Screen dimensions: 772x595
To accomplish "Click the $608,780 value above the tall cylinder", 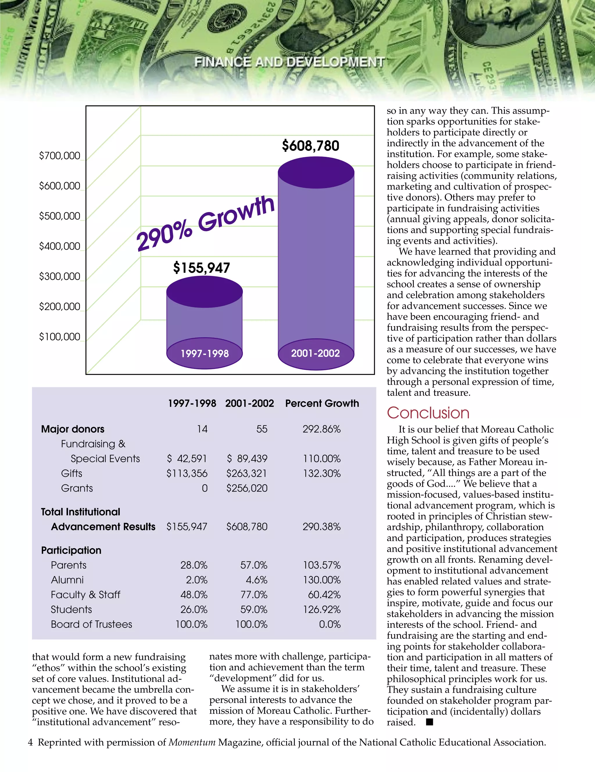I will pyautogui.click(x=310, y=146).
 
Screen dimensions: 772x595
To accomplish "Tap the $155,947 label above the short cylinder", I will pyautogui.click(x=201, y=268).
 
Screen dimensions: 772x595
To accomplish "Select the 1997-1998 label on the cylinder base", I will pyautogui.click(x=205, y=353).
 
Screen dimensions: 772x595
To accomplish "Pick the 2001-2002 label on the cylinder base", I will pyautogui.click(x=315, y=353).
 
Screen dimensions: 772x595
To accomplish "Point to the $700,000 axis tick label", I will pyautogui.click(x=60, y=156).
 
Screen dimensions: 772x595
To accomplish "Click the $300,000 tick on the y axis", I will pyautogui.click(x=60, y=276).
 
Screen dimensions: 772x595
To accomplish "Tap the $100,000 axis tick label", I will pyautogui.click(x=60, y=336).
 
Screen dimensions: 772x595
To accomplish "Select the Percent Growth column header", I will pyautogui.click(x=322, y=403).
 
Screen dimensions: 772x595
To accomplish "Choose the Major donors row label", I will pyautogui.click(x=73, y=429).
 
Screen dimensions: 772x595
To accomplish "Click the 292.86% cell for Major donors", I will pyautogui.click(x=321, y=429).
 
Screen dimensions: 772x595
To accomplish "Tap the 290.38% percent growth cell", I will pyautogui.click(x=321, y=527).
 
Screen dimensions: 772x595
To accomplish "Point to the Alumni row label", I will pyautogui.click(x=67, y=580).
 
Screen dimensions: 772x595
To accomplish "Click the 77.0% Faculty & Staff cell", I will pyautogui.click(x=254, y=595).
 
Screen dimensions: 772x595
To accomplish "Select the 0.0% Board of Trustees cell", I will pyautogui.click(x=329, y=625).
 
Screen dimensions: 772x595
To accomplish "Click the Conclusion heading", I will pyautogui.click(x=428, y=413).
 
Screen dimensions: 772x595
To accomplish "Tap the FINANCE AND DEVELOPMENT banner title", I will pyautogui.click(x=289, y=62).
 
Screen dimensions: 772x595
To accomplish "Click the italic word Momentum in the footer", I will pyautogui.click(x=192, y=743).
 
